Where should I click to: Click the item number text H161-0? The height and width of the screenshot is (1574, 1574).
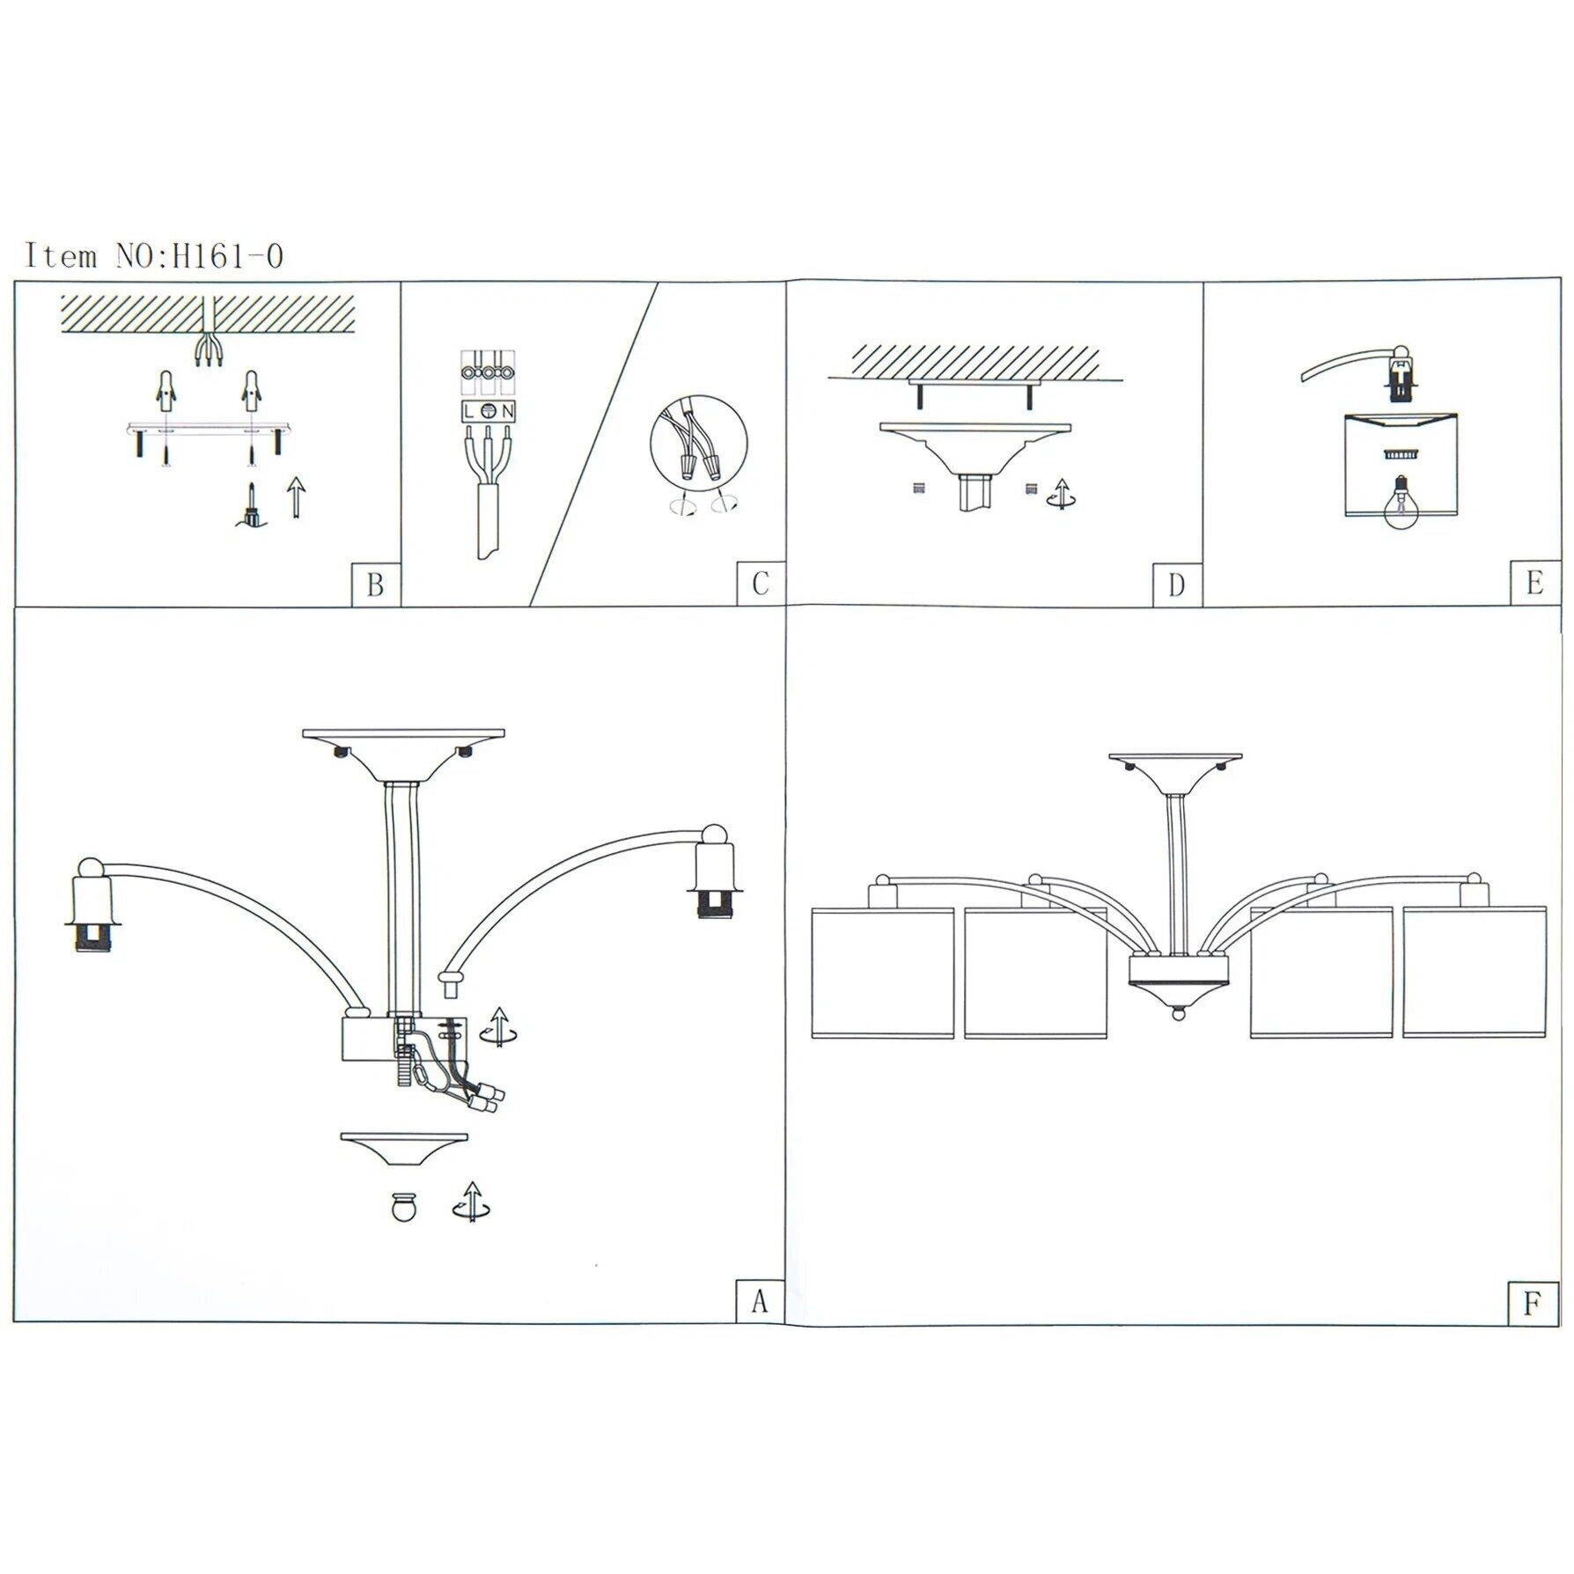[227, 256]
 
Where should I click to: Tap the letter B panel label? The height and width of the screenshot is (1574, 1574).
[375, 585]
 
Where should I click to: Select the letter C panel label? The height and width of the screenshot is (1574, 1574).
[761, 584]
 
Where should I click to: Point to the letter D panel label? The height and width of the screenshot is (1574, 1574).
[1177, 585]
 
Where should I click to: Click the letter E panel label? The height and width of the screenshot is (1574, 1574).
[1534, 584]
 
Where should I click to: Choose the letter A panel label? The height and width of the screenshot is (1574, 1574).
[760, 1301]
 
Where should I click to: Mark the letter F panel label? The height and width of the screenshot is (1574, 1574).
[1533, 1304]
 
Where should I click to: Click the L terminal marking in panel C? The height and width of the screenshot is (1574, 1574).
[469, 411]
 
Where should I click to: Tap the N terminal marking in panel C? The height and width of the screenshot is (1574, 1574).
[508, 411]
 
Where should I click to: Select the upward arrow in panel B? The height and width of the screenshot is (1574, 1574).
[298, 497]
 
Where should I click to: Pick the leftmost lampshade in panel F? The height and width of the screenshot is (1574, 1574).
[882, 973]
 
